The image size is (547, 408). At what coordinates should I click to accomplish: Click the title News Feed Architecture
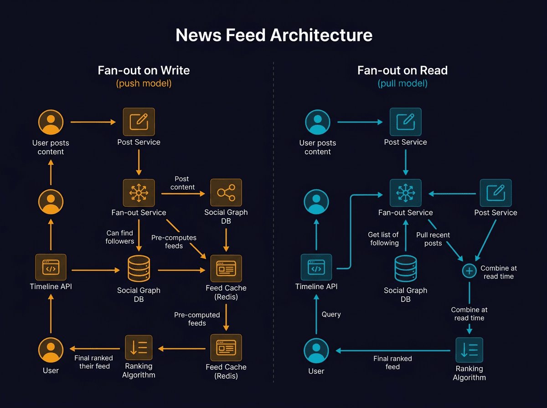click(273, 35)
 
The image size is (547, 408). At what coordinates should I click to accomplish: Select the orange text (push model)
click(144, 84)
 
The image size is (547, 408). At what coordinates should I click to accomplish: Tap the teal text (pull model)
click(403, 84)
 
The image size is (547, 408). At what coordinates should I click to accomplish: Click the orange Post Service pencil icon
click(139, 122)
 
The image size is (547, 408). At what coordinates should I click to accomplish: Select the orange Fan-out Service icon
click(139, 193)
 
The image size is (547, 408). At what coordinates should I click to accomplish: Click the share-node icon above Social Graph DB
click(226, 193)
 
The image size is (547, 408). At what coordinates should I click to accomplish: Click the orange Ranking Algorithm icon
click(139, 348)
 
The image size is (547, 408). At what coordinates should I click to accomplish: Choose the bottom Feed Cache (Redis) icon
click(226, 348)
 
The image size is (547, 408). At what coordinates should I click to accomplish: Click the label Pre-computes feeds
click(174, 242)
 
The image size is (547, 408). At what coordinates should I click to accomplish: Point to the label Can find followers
click(120, 237)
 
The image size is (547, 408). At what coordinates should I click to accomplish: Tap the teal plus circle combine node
click(469, 271)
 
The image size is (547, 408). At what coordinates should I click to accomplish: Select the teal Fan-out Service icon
click(405, 193)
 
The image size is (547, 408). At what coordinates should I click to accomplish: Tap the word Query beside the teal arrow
click(331, 314)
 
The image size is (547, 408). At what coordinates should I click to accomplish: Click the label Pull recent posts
click(433, 239)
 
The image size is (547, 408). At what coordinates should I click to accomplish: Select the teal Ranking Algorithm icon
click(469, 350)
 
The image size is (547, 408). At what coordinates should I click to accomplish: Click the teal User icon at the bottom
click(316, 351)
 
